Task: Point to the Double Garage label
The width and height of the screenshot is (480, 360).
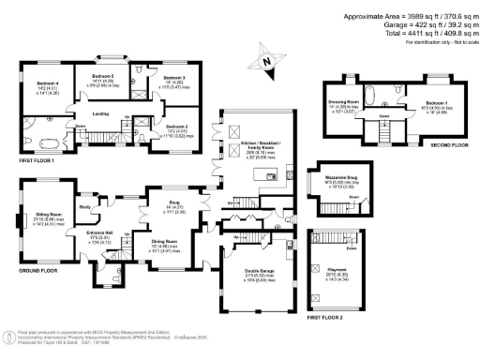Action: pos(249,273)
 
